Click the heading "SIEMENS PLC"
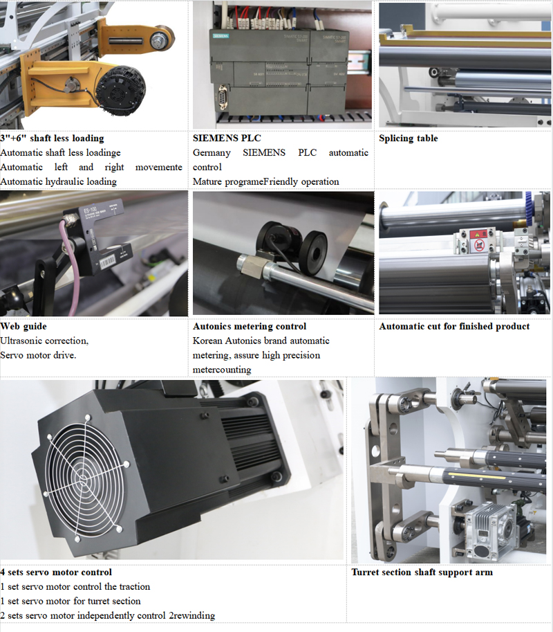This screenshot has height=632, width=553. point(227,138)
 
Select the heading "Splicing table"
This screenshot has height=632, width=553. point(408,138)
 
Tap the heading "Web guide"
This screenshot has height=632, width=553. point(24,326)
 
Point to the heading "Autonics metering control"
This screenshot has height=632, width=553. point(250,326)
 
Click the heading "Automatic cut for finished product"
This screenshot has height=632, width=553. point(454,326)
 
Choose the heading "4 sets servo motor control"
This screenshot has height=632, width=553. point(56,572)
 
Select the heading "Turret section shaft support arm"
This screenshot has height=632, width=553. point(422,572)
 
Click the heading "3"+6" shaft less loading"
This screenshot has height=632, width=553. point(52,138)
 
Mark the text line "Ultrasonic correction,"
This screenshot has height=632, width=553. point(44,341)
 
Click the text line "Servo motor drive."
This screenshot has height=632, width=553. point(38,355)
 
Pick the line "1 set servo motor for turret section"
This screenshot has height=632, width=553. point(70,601)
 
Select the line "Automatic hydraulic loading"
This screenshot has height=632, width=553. point(58,181)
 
